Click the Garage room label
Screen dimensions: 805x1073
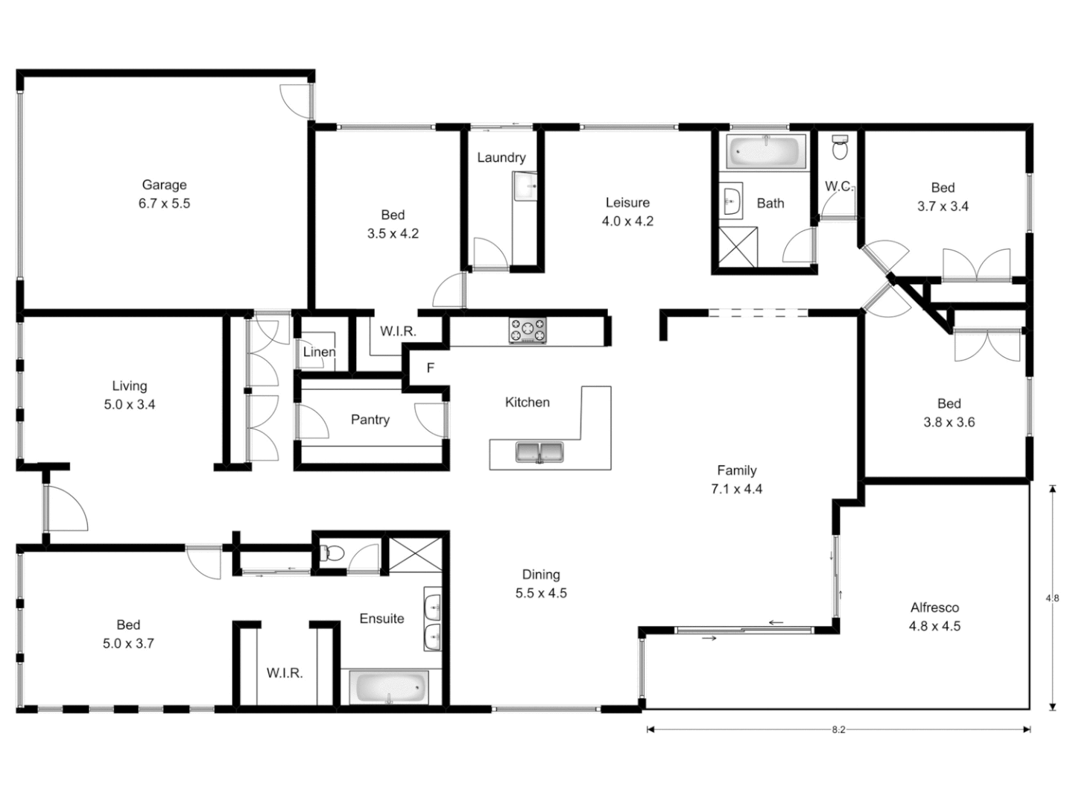164,185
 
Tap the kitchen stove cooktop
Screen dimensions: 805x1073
528,330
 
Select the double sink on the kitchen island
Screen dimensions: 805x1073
539,452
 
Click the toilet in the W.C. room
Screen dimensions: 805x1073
840,148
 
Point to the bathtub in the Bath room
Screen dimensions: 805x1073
766,152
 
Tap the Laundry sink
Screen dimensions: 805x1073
525,186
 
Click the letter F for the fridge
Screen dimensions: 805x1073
430,368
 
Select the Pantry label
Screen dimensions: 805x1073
370,420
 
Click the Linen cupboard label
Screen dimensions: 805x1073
319,352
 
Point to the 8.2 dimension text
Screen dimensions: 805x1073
838,730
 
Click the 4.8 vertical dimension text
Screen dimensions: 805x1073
1052,598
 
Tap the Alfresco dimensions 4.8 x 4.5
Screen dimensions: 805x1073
934,626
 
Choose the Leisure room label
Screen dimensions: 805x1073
627,203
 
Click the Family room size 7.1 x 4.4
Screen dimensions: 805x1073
736,489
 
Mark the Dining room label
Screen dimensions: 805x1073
541,575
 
